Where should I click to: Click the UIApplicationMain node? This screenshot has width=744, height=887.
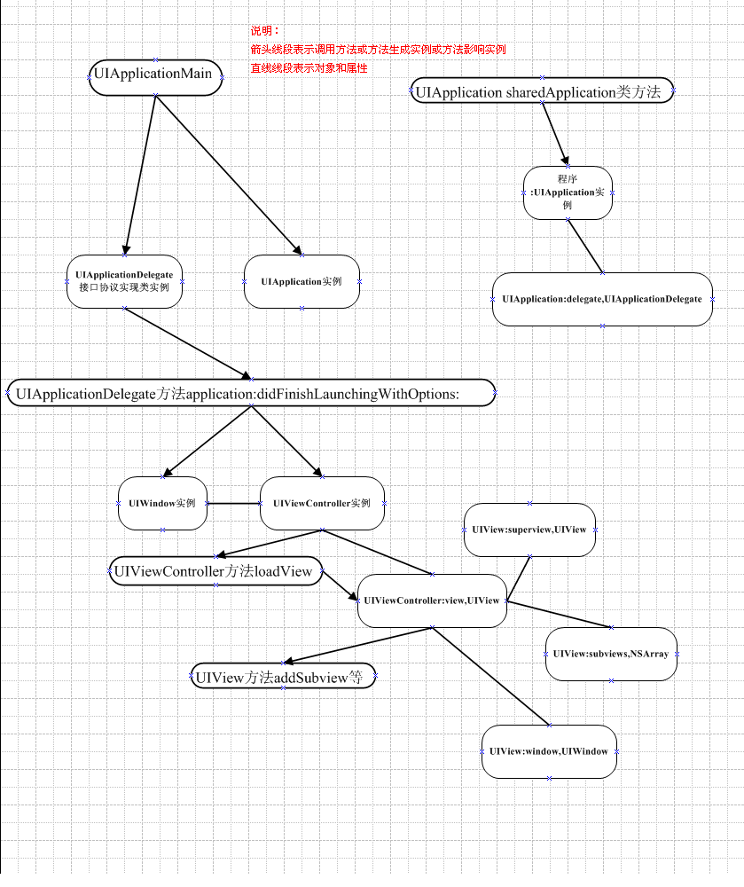coord(155,77)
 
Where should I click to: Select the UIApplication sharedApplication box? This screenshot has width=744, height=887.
coord(542,90)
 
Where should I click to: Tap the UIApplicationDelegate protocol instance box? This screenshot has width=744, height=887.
coord(124,281)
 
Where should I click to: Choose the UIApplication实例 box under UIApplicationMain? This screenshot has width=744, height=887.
coord(302,281)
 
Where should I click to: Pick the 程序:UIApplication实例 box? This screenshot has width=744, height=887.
coord(568,192)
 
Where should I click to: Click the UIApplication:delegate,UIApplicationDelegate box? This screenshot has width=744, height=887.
coord(602,299)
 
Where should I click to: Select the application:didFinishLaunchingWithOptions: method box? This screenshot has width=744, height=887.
coord(251,393)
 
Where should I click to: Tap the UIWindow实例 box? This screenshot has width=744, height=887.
coord(162,503)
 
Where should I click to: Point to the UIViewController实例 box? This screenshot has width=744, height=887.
coord(322,503)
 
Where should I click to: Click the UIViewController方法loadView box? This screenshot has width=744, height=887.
coord(215,570)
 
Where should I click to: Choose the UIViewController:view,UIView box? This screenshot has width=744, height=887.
coord(432,600)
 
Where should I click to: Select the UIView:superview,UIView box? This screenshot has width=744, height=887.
coord(529,530)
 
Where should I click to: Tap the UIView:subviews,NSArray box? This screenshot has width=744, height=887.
coord(611,654)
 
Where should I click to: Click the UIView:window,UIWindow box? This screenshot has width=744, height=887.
coord(549,752)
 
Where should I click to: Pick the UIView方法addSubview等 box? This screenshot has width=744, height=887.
coord(283,675)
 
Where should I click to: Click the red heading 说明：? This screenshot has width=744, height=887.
coord(264,31)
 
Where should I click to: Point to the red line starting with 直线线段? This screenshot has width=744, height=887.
coord(309,68)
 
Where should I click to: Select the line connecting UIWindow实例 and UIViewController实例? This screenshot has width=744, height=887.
coord(233,503)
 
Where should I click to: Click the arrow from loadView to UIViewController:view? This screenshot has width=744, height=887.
coord(341,585)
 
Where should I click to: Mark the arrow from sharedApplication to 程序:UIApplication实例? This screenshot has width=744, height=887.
coord(556,134)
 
